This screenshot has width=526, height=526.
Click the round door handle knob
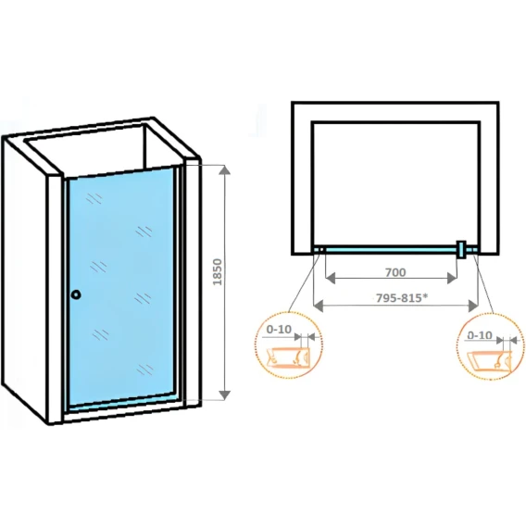click(x=76, y=294)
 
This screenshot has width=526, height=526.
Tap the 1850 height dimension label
click(x=218, y=272)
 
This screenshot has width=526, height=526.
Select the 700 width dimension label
click(x=395, y=272)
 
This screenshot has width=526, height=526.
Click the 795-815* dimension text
click(x=402, y=297)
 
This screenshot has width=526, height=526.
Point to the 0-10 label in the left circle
click(x=279, y=330)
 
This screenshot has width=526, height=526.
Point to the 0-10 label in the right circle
click(x=480, y=335)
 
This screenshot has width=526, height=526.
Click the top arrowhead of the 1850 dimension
click(x=224, y=170)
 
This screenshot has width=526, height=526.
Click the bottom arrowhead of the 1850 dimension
click(x=224, y=394)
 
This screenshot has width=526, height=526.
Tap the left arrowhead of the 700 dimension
click(x=331, y=278)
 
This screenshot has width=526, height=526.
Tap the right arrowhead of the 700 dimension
click(x=452, y=278)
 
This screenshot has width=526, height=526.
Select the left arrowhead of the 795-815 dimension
click(x=318, y=306)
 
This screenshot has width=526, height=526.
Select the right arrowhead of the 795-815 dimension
click(x=473, y=306)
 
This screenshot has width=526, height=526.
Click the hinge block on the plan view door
click(x=461, y=250)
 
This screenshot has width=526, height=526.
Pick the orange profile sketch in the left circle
click(x=288, y=357)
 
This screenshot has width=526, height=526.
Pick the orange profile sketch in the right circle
click(x=490, y=361)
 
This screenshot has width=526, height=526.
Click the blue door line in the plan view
click(x=391, y=250)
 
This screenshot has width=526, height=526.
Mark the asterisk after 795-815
click(x=425, y=295)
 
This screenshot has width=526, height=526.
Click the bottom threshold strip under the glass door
click(x=124, y=403)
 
